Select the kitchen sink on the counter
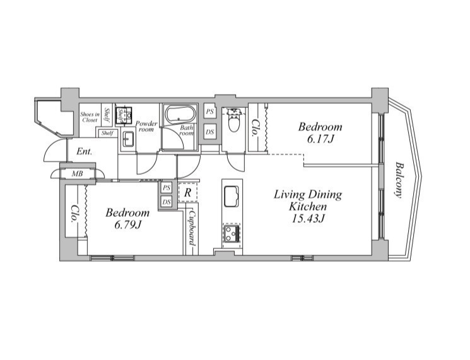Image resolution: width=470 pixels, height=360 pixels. coord(232,197)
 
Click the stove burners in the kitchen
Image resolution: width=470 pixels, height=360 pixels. coord(232,233)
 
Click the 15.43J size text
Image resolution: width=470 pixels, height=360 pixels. coord(308,219)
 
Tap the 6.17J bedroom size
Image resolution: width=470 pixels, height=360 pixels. coord(320,139)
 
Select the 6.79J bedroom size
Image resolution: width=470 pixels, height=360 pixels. coord(127,224)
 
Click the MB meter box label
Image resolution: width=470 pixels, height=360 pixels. coord(78,174)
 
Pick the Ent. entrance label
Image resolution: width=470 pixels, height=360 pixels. coord(85,151)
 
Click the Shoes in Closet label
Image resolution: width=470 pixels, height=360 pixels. coord(90,117)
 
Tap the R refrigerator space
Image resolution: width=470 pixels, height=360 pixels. coord(187,193)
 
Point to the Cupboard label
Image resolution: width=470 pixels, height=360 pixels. coord(192,228)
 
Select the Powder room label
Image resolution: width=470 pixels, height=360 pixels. coord(146,126)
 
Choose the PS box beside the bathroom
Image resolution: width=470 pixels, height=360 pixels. coord(210,112)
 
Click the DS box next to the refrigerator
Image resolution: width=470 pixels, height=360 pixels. coord(167,202)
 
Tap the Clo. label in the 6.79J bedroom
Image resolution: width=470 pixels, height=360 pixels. coord(73,214)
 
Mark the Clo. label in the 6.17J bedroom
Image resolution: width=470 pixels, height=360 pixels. coord(255,128)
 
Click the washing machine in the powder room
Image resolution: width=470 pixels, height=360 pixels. coord(124,114)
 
